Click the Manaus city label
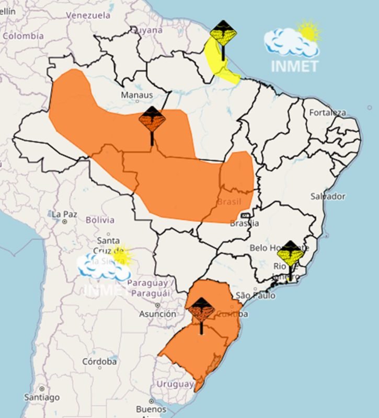[137, 95]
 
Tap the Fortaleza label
[328, 112]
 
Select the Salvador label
[328, 196]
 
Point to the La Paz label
[64, 214]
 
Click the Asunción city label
[157, 314]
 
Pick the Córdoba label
[99, 362]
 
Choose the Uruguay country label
[175, 384]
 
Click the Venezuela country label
[88, 15]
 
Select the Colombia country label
[23, 36]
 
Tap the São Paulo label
[255, 296]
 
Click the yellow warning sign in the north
[223, 33]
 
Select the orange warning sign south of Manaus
[152, 120]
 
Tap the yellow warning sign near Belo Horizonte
[291, 255]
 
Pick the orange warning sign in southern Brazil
[202, 310]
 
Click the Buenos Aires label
[151, 409]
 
